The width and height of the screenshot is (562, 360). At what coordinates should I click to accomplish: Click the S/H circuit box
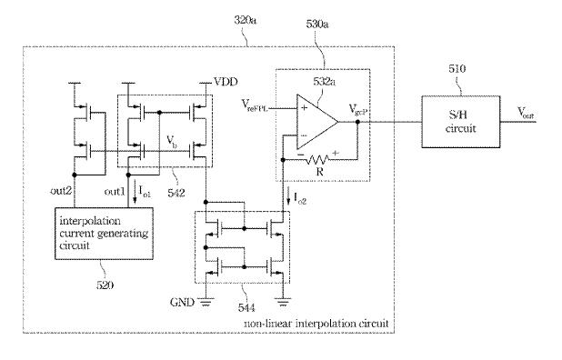[x=460, y=122]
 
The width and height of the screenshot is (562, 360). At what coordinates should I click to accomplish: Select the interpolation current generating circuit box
[x=104, y=234]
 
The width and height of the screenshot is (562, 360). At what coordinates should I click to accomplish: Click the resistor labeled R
[x=318, y=159]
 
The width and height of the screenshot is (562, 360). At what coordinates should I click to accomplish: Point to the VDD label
[x=226, y=82]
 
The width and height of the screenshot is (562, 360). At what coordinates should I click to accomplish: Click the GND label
[x=182, y=303]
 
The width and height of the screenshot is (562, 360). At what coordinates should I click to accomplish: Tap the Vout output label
[x=526, y=113]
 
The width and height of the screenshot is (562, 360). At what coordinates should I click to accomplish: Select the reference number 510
[x=457, y=68]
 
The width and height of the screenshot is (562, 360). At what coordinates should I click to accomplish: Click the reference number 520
[x=105, y=285]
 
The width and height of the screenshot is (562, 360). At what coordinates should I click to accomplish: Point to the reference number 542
[x=176, y=193]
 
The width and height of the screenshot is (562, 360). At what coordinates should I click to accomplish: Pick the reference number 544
[x=246, y=307]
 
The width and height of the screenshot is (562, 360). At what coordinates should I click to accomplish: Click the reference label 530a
[x=317, y=25]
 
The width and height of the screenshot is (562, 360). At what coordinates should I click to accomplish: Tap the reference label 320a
[x=246, y=20]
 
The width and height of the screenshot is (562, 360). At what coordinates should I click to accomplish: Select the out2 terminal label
[x=61, y=191]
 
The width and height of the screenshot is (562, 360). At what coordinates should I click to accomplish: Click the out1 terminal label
[x=115, y=192]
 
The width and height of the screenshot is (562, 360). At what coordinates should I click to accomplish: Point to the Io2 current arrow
[x=288, y=198]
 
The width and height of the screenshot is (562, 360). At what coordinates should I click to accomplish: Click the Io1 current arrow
[x=135, y=195]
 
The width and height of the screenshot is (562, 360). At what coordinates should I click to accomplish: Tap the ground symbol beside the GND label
[x=206, y=303]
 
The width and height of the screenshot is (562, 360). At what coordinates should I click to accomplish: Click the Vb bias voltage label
[x=171, y=142]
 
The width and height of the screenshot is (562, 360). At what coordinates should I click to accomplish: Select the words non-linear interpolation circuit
[x=316, y=324]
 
